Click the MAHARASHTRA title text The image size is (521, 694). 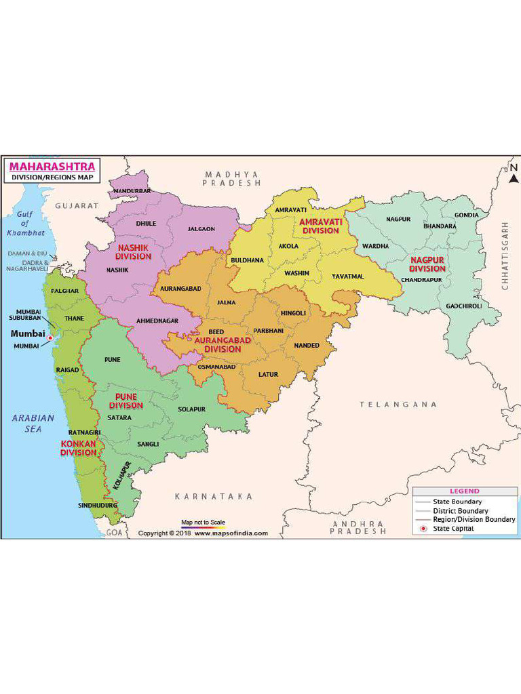[x=52, y=166]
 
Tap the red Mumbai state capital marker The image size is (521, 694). [x=50, y=338]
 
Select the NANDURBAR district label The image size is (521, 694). [x=132, y=191]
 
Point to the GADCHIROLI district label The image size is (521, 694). [x=463, y=306]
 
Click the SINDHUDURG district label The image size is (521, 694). [x=98, y=505]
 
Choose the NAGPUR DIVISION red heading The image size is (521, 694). [x=427, y=264]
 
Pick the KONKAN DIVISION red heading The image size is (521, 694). [x=79, y=448]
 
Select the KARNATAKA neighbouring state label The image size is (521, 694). [x=214, y=497]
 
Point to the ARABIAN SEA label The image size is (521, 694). [x=33, y=424]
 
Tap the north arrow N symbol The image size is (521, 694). [x=514, y=167]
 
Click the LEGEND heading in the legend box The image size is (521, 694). [x=464, y=491]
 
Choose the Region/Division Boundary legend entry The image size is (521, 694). [x=474, y=519]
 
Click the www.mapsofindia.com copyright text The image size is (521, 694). [x=231, y=533]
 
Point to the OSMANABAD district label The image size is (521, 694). [x=216, y=367]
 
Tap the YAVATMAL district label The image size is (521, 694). [x=347, y=277]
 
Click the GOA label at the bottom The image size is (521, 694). [x=113, y=533]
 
